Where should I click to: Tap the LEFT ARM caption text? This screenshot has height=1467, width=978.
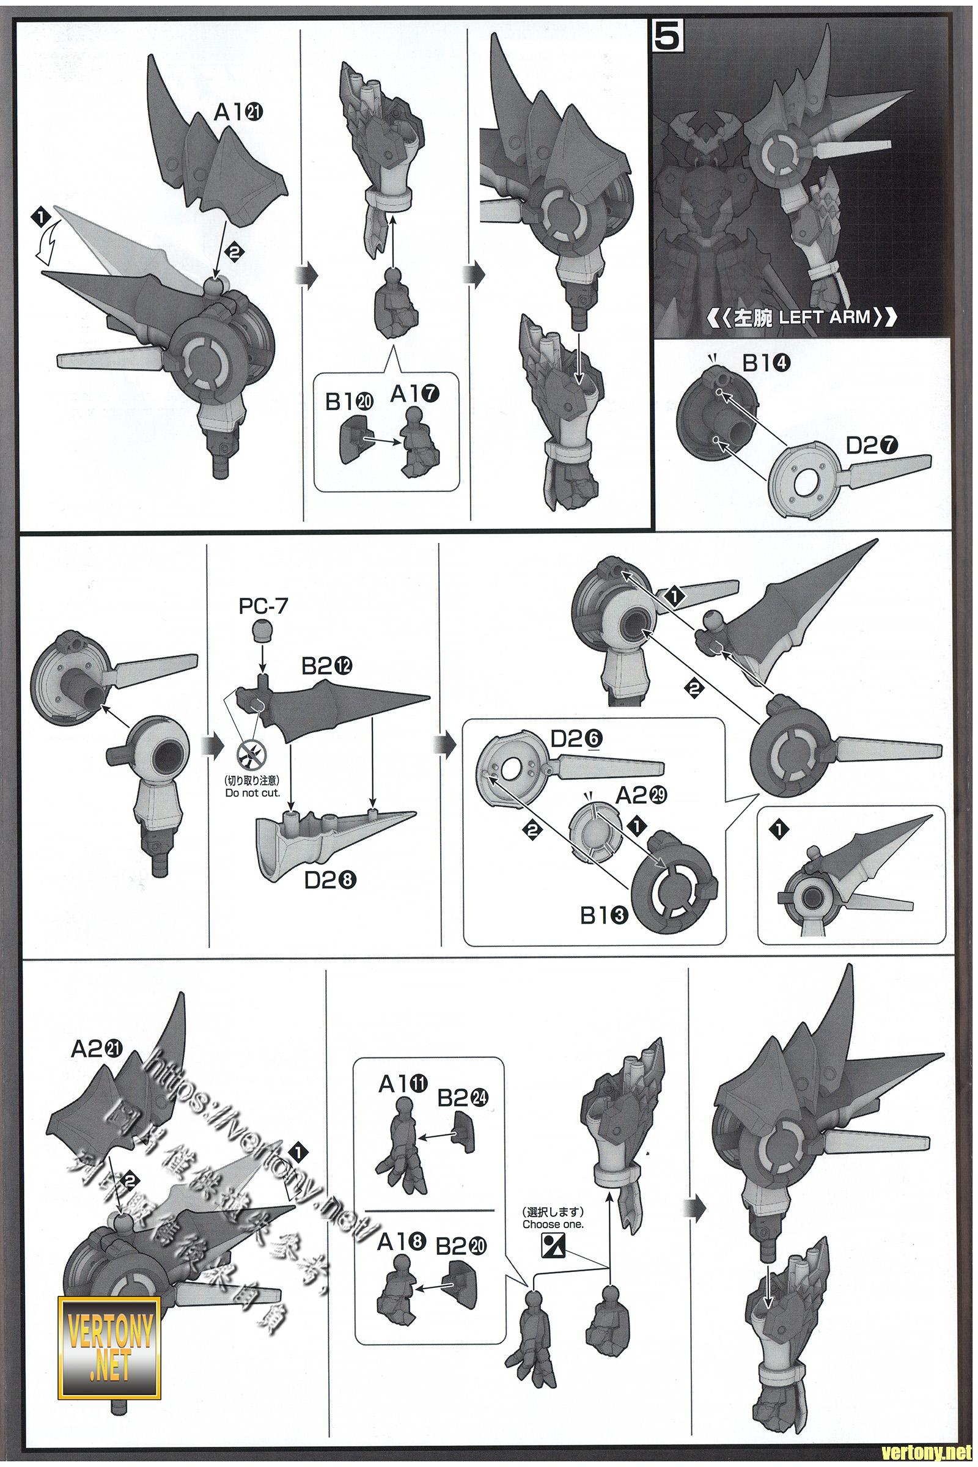coord(804,317)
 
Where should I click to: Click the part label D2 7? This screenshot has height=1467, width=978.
coord(872,446)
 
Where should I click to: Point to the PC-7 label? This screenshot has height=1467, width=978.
coord(263,606)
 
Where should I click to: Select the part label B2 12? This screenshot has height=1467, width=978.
coord(328,666)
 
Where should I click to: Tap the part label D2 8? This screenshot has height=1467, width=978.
coord(331,880)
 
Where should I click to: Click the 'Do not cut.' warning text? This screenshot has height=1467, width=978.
coord(252,793)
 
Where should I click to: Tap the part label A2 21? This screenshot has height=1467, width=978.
coord(98,1049)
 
